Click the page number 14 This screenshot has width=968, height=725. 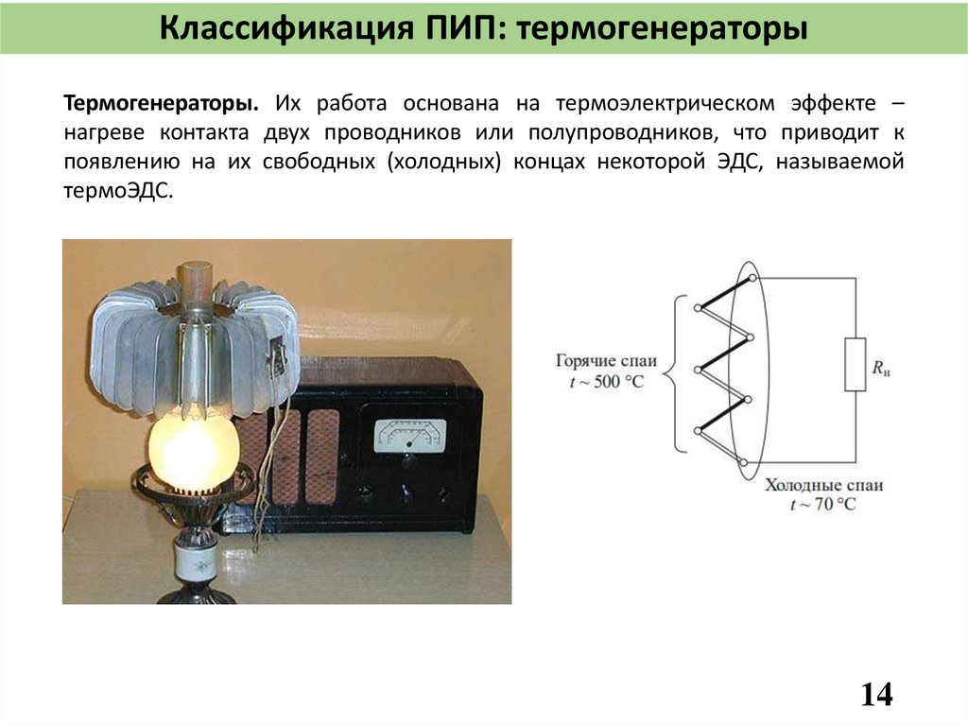point(876,695)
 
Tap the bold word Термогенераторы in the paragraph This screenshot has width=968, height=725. point(163,102)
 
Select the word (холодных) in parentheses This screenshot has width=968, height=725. point(442,161)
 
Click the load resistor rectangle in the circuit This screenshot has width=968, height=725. point(855,364)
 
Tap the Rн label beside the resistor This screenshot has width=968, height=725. point(882,366)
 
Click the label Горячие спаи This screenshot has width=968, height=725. point(606,361)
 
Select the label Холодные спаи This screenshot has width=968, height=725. point(823,485)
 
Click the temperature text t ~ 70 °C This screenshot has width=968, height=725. point(822,505)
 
